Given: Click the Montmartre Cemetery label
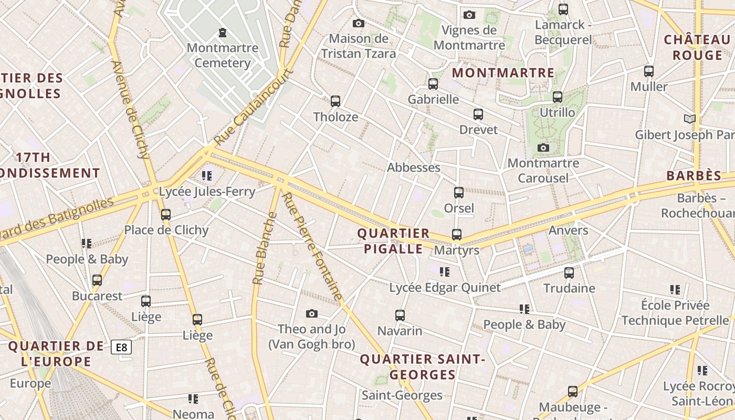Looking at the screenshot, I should coord(223,56).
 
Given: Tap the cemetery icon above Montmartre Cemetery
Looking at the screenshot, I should coord(223,33).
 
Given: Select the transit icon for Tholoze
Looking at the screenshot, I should coord(335,101).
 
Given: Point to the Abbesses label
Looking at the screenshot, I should coord(414,167).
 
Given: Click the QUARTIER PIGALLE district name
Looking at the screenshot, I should coord(393,241).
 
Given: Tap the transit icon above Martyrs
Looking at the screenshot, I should coord(457,235).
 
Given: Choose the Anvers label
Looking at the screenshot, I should coord(568,230).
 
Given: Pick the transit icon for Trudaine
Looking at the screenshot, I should coord(569,273).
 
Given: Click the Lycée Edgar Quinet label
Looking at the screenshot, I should coord(445,288).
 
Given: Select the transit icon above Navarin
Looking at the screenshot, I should coord(400,316).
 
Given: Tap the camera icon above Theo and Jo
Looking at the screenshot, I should coord(312,314).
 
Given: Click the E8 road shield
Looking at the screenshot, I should coord(121,347).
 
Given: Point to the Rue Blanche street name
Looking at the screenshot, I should coord(265,248).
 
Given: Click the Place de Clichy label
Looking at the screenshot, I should coord(166,230).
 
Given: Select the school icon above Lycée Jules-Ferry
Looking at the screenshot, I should coord(207,176).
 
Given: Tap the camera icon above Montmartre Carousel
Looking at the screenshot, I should coord(543,148).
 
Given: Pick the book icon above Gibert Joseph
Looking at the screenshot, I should coord(690,119).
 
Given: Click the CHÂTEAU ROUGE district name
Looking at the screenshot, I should coord(697,47).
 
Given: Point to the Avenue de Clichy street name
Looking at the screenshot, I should coord(131,109).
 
